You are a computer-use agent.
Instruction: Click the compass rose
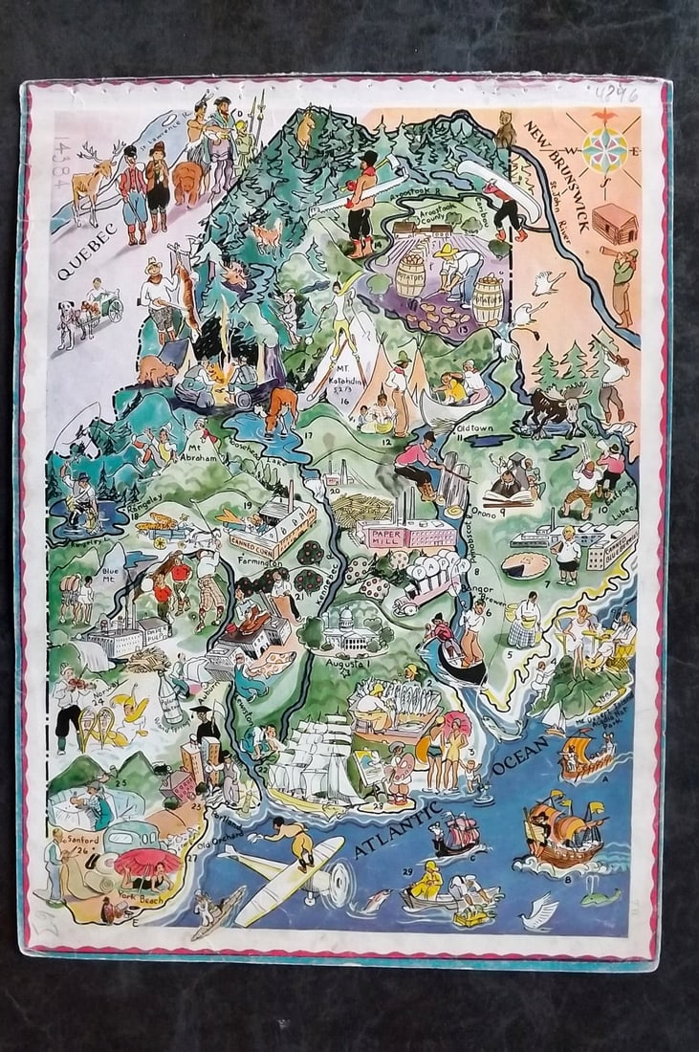click(x=603, y=142)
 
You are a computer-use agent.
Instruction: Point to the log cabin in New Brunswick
click(x=614, y=223)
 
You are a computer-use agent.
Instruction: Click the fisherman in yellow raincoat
click(x=426, y=881)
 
